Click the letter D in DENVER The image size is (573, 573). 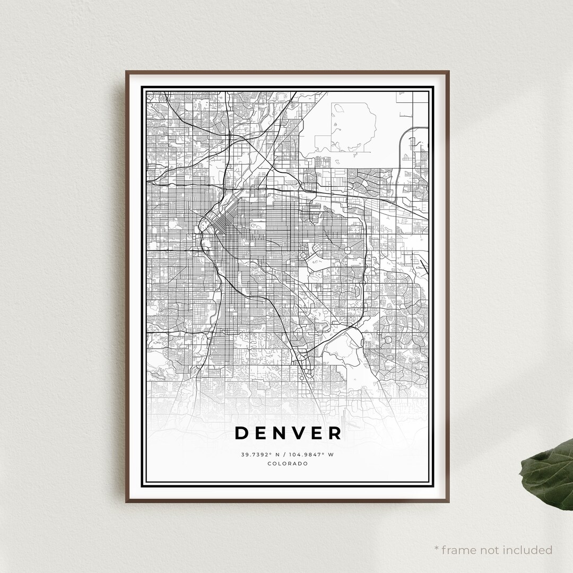242,433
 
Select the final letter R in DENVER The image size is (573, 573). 335,433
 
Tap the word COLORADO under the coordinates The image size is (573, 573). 288,464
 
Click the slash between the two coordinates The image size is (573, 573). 283,454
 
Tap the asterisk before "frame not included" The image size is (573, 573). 437,549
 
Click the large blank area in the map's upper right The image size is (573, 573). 366,127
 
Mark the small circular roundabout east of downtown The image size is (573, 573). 348,249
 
